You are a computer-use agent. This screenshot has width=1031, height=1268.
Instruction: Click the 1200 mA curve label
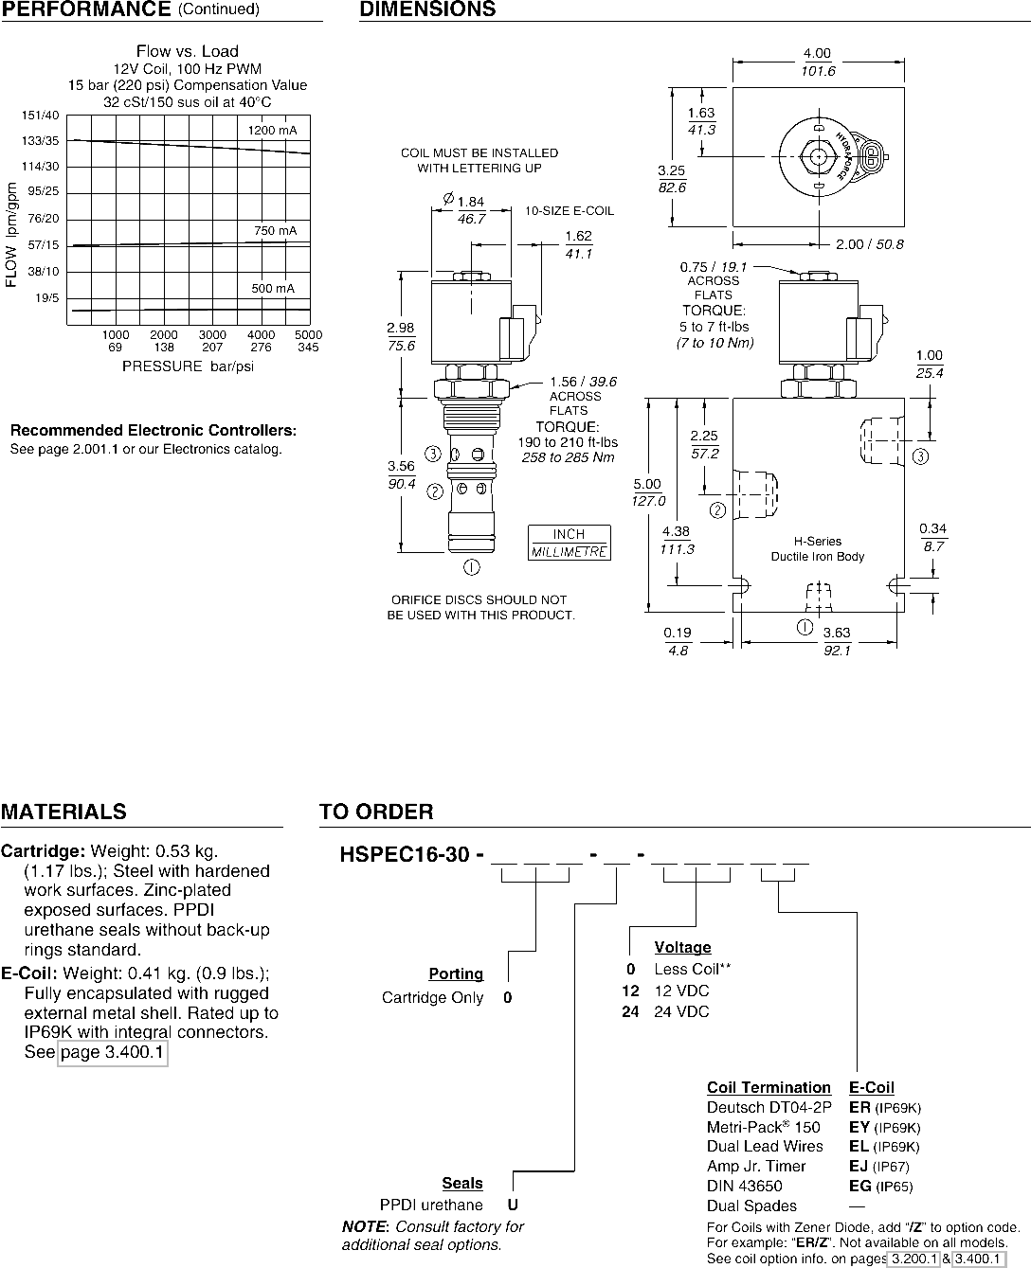(x=272, y=131)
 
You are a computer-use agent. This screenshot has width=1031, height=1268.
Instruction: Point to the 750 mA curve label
(x=275, y=230)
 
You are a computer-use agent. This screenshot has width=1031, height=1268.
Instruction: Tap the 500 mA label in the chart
(x=273, y=288)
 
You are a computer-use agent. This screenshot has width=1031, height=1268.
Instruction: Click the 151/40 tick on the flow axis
(x=41, y=116)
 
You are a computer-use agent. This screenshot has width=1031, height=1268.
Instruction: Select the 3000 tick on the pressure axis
(x=212, y=334)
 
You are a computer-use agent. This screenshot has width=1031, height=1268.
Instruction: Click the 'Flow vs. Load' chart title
(x=188, y=51)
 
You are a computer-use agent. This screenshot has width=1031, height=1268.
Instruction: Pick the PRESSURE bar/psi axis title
(x=189, y=366)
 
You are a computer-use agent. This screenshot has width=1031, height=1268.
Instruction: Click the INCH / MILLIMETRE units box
(x=570, y=543)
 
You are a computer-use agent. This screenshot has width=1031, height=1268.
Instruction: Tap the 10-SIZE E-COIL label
(x=570, y=211)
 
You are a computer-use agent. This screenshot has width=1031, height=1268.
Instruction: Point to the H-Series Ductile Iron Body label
(x=817, y=549)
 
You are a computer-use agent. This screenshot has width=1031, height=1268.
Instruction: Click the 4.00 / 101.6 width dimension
(x=818, y=62)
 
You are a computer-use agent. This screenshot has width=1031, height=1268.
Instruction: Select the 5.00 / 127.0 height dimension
(x=648, y=492)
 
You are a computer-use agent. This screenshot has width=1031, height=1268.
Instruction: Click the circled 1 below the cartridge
(x=471, y=567)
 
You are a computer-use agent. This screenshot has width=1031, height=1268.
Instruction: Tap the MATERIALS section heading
(x=63, y=812)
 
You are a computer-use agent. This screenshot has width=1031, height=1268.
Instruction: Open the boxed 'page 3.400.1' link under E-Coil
(x=113, y=1052)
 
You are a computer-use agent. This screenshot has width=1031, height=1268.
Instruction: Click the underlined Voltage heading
(x=682, y=947)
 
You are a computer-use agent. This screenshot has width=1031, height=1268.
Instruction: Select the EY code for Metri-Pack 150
(x=859, y=1127)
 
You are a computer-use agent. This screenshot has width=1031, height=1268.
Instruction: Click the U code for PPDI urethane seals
(x=513, y=1205)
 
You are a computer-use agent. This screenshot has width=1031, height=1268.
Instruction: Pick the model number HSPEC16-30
(x=405, y=854)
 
